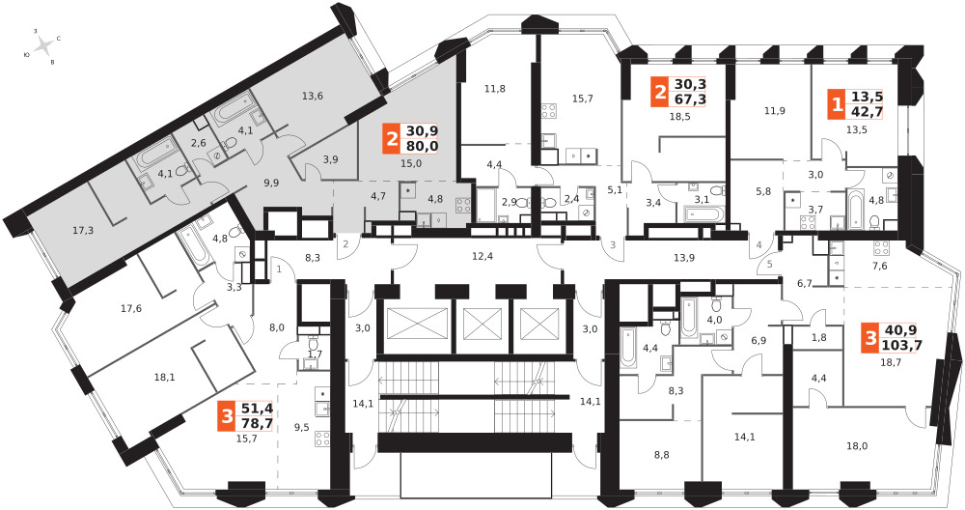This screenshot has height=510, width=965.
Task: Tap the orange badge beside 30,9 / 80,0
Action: click(x=392, y=138)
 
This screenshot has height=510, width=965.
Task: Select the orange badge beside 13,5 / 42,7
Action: click(x=836, y=103)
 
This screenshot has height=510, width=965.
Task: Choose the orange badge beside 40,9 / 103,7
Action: click(x=871, y=338)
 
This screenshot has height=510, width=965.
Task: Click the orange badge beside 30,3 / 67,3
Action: click(x=660, y=91)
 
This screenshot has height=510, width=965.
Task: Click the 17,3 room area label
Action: click(x=83, y=232)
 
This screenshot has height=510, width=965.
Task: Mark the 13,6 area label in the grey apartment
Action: click(x=312, y=96)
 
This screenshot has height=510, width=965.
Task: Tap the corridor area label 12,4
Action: click(x=480, y=256)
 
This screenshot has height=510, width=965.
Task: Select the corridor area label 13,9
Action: click(x=684, y=256)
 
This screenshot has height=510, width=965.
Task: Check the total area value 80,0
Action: click(x=422, y=146)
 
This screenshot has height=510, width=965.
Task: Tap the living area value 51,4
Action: click(x=257, y=410)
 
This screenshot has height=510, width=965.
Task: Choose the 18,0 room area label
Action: click(x=857, y=445)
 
